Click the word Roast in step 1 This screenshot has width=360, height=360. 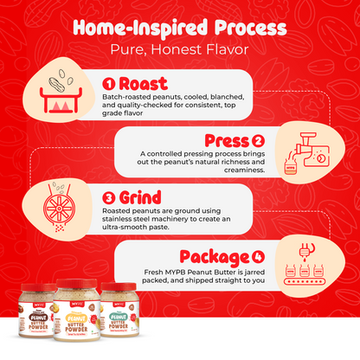point(145,84)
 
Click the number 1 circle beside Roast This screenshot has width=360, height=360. point(108,84)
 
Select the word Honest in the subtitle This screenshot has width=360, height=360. point(184,50)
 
